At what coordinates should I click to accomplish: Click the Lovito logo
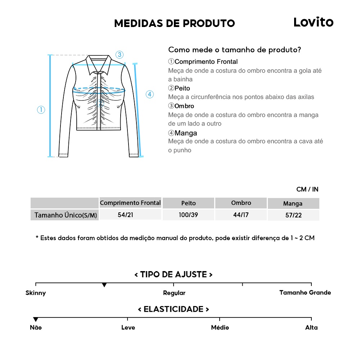pos(313,22)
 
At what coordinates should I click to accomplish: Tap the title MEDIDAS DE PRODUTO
pos(174,23)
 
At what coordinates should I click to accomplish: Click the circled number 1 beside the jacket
pos(41,110)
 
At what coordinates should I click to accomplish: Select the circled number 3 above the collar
pos(120,55)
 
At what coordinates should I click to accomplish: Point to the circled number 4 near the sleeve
pos(150,94)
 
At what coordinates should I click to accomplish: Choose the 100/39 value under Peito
pos(188,215)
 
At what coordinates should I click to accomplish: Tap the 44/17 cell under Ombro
pos(241,215)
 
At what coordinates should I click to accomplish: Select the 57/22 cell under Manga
pos(293,215)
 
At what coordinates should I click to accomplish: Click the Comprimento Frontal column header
pos(130,203)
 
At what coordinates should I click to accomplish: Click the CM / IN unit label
pos(307,189)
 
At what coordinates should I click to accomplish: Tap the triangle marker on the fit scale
pos(104,285)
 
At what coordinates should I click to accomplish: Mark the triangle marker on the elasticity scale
pos(36,319)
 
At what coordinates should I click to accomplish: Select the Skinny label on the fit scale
pos(36,293)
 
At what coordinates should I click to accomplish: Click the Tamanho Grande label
pos(305,292)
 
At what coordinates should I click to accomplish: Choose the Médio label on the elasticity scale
pos(220,328)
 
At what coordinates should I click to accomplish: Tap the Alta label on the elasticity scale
pos(311,328)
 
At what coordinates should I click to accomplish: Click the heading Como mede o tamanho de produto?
pos(234,50)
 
